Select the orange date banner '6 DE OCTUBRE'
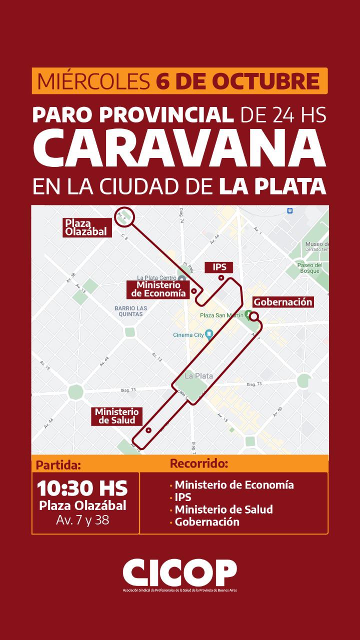point(180,80)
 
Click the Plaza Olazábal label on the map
point(87,227)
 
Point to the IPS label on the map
point(219,267)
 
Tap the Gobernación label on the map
point(282,302)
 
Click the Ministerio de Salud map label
point(116,416)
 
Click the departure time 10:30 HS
point(82,487)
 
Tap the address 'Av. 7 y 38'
point(82,520)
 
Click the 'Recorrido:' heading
point(199,463)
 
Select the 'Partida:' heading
point(58,465)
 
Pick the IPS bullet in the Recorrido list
point(183,497)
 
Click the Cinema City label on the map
point(189,334)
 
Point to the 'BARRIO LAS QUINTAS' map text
point(128,310)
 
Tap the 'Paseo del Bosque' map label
point(308,267)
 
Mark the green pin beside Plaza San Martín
point(248,314)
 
